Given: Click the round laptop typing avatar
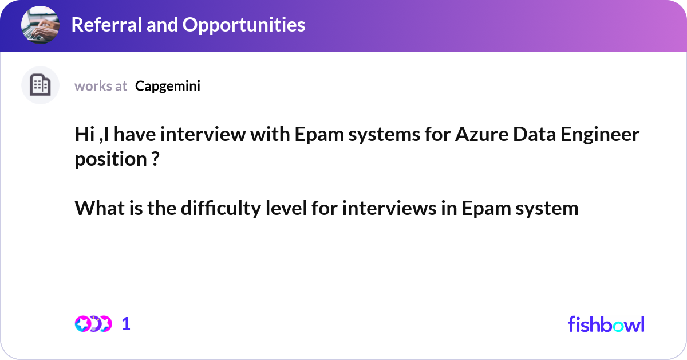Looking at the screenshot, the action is (x=40, y=25).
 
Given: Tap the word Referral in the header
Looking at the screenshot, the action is (x=106, y=25).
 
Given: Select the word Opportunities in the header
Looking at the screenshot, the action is (x=244, y=25).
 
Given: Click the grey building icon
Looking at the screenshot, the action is (x=40, y=85).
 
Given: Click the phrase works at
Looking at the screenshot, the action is (x=101, y=86).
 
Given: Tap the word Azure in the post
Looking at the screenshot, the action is (x=481, y=135).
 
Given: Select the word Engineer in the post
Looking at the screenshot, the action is (x=600, y=135).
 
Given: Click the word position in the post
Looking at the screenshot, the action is (x=110, y=160).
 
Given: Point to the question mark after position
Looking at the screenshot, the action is (x=156, y=159).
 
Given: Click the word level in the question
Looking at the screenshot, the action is (x=286, y=208).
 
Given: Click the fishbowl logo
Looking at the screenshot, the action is (x=606, y=324).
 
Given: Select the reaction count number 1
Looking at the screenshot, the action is (x=126, y=324).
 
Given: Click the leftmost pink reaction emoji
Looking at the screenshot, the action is (x=83, y=324).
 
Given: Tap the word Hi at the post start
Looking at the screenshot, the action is (x=85, y=134).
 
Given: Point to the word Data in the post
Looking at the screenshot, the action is (x=534, y=135).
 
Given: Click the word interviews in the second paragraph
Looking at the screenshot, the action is (x=389, y=208).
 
